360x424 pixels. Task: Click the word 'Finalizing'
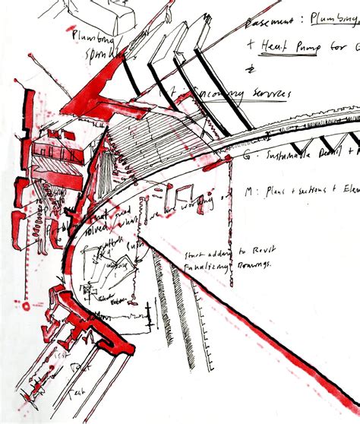click(203, 265)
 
